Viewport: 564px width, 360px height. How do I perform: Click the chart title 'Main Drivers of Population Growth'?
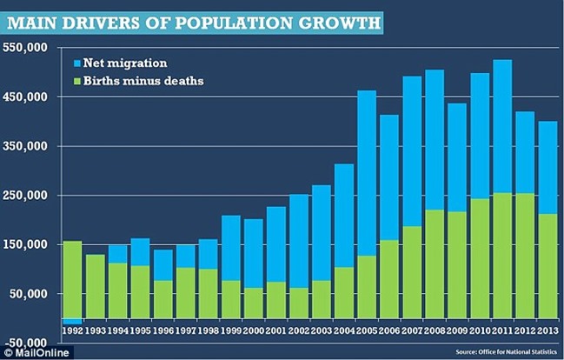(193, 19)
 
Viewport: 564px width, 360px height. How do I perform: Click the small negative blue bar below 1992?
(72, 321)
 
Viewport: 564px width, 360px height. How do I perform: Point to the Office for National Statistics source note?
(505, 351)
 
